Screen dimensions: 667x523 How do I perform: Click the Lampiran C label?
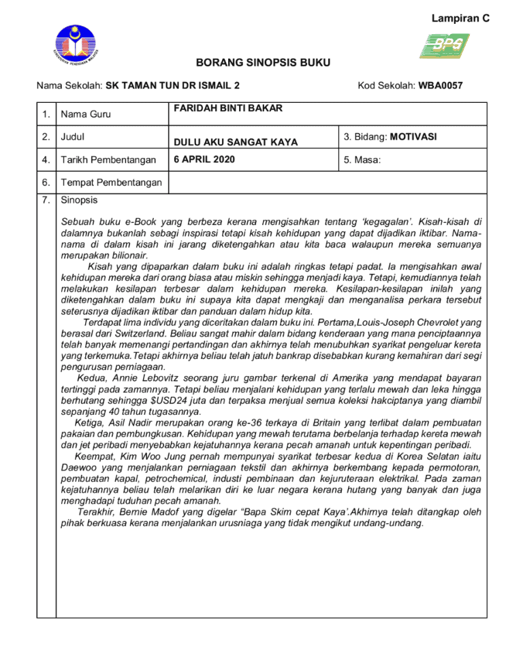click(x=460, y=18)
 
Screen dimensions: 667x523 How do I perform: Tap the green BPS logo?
click(x=443, y=46)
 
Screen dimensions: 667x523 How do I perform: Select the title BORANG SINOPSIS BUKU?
click(x=263, y=63)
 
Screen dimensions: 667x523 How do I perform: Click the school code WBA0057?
click(x=441, y=86)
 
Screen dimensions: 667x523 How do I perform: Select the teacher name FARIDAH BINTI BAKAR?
click(x=228, y=108)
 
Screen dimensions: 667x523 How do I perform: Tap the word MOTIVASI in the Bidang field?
click(x=413, y=137)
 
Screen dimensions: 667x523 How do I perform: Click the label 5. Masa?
click(x=362, y=160)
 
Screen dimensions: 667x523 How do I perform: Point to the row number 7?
click(x=46, y=200)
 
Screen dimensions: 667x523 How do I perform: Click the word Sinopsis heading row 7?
click(x=79, y=200)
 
